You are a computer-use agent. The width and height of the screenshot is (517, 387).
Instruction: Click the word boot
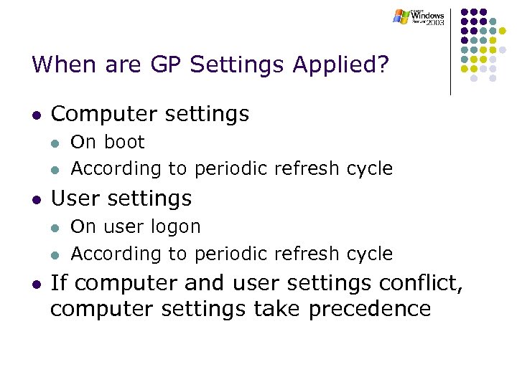click(125, 142)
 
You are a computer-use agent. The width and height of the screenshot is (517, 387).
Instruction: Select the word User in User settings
click(75, 198)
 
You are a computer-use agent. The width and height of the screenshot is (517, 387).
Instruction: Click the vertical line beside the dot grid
click(450, 50)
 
